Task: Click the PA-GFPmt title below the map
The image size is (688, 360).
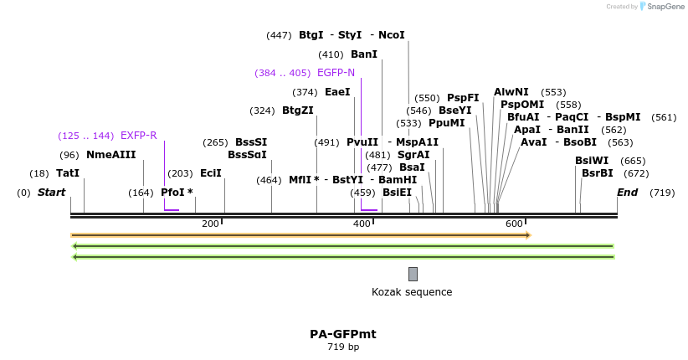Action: pos(343,334)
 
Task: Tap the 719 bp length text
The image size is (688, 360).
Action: pos(343,347)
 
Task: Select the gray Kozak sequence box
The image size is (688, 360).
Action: pos(413,274)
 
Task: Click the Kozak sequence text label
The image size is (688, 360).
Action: pos(412,292)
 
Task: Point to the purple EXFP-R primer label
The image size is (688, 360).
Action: pos(138,136)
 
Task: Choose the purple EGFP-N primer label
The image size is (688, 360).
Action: pos(336,73)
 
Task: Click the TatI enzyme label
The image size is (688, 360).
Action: pos(68,173)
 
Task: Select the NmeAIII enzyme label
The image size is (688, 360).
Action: pos(110,155)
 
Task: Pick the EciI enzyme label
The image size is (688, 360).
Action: pos(211,173)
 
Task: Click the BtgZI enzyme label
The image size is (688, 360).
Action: pos(298,111)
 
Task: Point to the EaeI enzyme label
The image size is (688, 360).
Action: pos(337,92)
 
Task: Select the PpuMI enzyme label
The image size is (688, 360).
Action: pos(446,123)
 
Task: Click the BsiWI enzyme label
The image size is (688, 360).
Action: pos(592,161)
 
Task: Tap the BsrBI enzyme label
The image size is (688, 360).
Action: pos(598,173)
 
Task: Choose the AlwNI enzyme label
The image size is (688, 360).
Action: pos(511,92)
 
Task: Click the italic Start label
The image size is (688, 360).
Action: pos(52,193)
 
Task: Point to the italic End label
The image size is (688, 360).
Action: pos(627,193)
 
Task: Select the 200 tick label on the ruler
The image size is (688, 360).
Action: pos(210,224)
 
